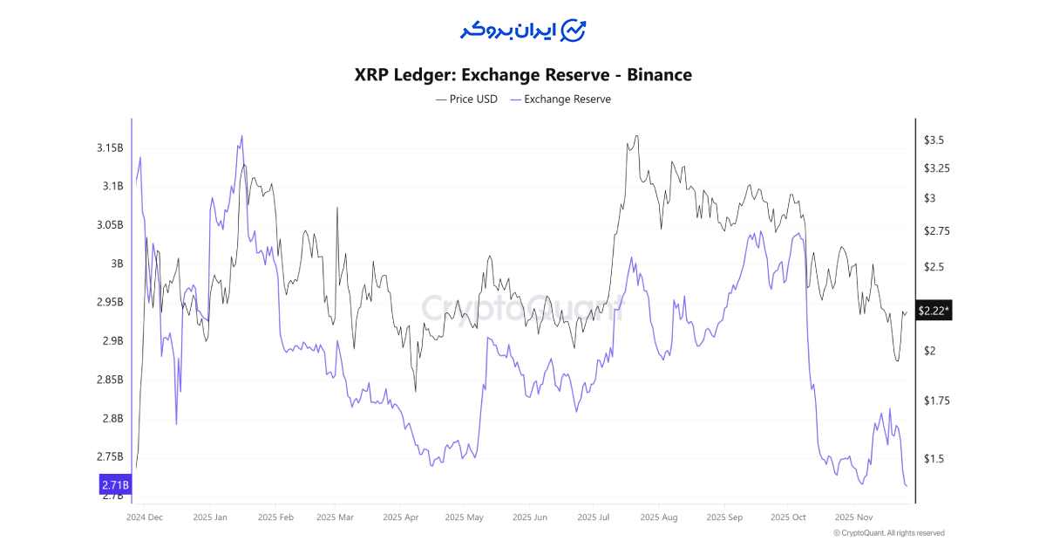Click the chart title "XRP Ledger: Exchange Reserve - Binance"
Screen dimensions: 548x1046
(x=523, y=75)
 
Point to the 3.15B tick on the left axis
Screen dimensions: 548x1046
(x=110, y=147)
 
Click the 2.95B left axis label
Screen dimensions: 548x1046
(x=110, y=302)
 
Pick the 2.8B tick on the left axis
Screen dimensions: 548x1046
(x=112, y=418)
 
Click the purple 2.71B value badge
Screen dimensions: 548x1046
(x=115, y=484)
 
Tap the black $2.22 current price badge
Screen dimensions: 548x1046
(x=933, y=311)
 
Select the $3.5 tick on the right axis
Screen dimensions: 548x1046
(x=934, y=140)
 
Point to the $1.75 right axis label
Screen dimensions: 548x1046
(x=936, y=401)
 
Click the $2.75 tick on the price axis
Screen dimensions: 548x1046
(x=936, y=231)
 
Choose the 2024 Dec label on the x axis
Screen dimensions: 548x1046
(x=144, y=517)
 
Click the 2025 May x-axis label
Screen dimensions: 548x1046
(x=464, y=517)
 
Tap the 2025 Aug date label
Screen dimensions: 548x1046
(x=658, y=517)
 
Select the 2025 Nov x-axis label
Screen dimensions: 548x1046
(x=853, y=517)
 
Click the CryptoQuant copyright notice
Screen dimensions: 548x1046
(x=888, y=533)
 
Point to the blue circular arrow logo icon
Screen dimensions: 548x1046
(x=573, y=31)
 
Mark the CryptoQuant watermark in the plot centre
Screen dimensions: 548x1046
(x=523, y=308)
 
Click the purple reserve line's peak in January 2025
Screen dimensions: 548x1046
(x=241, y=136)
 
